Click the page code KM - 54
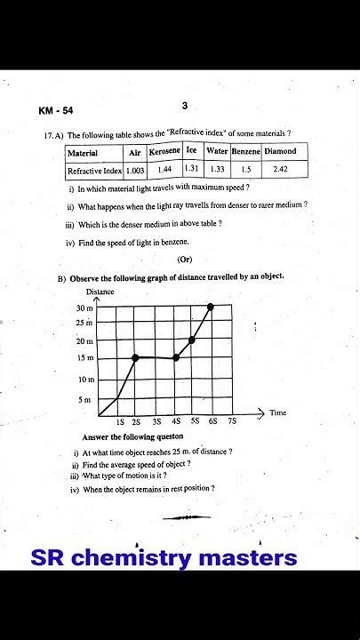coord(55,111)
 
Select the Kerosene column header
coord(164,152)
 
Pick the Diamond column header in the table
coord(280,152)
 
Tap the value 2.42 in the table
coord(280,169)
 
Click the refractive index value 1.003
coord(135,170)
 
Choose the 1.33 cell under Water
coord(217,169)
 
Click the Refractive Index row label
coord(94,170)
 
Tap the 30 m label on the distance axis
coord(84,308)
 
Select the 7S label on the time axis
coord(232,420)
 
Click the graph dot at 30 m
coord(211,307)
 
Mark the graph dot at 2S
coord(135,357)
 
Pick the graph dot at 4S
coord(175,357)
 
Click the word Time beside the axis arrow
coord(278,412)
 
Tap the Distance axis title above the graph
coord(100,292)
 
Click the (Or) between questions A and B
coord(184,260)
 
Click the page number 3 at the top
coord(184,106)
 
